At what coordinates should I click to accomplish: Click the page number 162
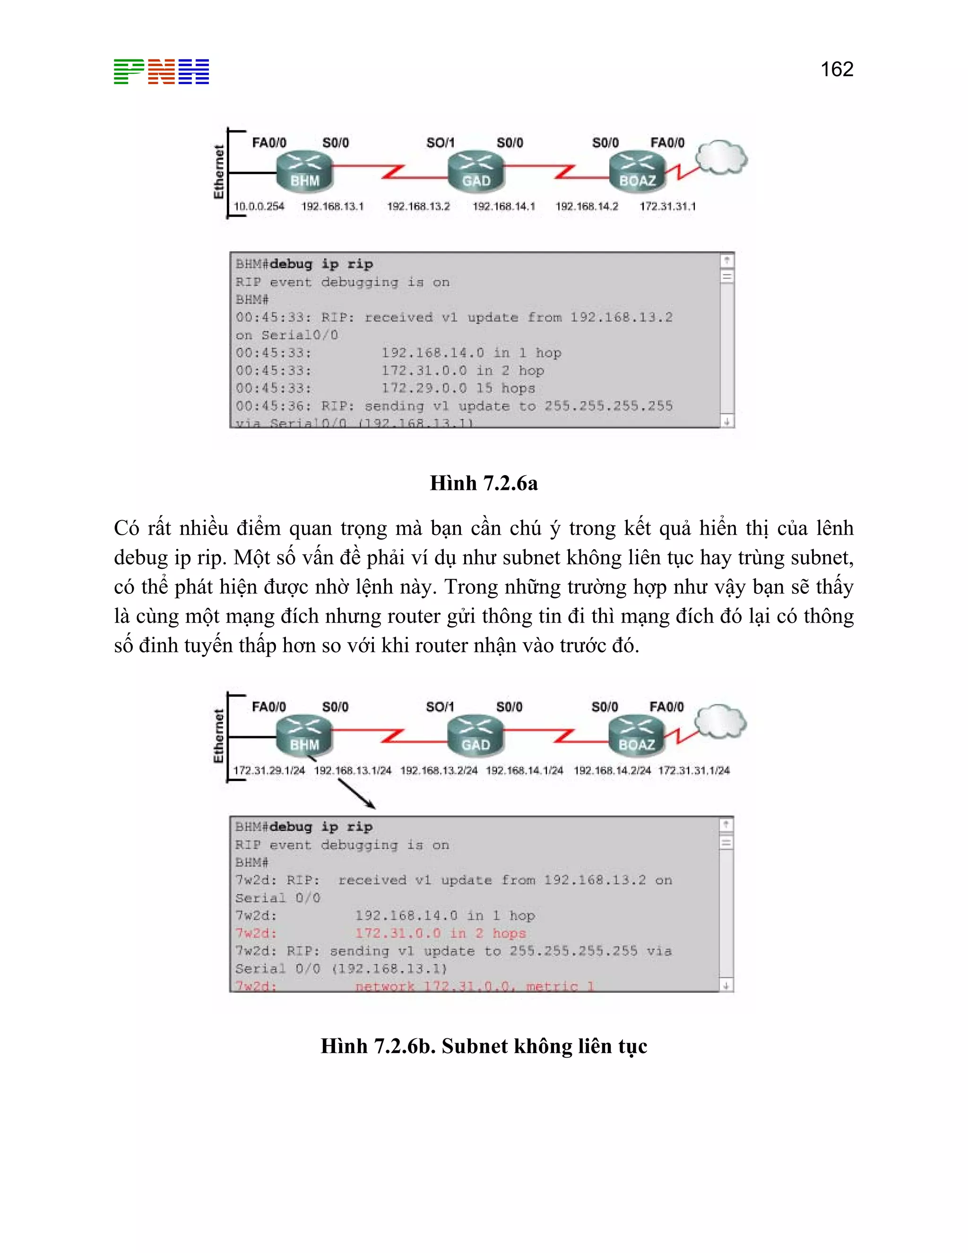click(x=837, y=70)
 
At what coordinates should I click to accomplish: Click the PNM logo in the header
click(x=161, y=72)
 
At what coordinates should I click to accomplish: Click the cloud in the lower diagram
click(x=720, y=722)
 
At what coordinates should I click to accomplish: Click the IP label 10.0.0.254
click(x=259, y=207)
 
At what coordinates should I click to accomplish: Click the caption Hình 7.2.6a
click(x=484, y=483)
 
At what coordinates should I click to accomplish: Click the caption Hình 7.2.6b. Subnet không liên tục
click(x=484, y=1046)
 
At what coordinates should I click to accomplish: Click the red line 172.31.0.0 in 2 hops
click(x=440, y=933)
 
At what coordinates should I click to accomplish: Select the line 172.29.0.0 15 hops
click(x=458, y=388)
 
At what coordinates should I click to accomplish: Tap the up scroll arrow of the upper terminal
click(x=726, y=261)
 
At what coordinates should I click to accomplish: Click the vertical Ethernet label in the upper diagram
click(x=218, y=172)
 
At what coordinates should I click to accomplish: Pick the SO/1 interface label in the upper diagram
click(x=440, y=143)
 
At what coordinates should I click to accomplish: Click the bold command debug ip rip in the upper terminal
click(x=321, y=264)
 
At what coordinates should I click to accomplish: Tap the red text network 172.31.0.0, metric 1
click(x=474, y=986)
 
